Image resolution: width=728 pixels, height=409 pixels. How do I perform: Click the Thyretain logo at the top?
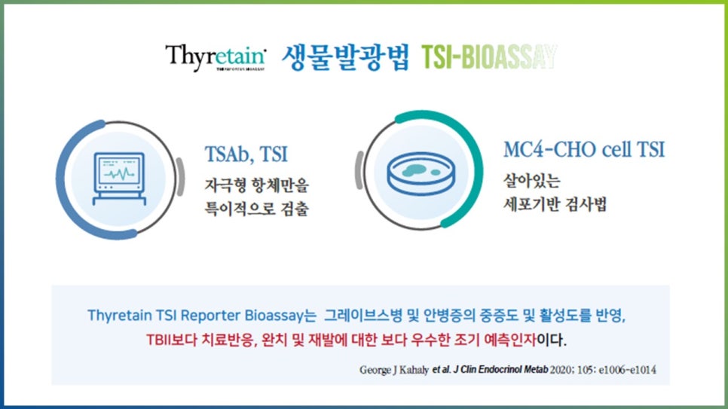point(216,57)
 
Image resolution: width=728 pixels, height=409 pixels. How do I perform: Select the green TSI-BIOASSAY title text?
point(489,56)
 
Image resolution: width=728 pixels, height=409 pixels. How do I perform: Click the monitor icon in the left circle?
point(117,179)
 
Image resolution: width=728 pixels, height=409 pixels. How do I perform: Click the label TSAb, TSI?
point(246,154)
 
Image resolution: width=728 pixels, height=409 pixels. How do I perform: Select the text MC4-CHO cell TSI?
point(584,149)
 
